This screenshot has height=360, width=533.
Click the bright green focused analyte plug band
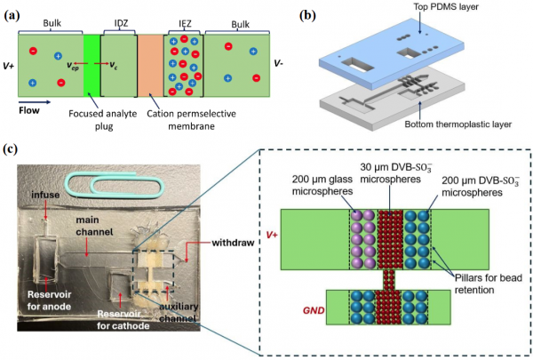point(91,65)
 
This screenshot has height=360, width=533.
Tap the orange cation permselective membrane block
point(150,65)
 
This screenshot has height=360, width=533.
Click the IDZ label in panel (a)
point(120,23)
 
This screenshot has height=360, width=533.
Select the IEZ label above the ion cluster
point(185,23)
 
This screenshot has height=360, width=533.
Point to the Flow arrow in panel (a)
point(35,101)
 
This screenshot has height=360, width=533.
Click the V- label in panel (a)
point(278,63)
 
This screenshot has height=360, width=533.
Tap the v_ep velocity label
point(73,65)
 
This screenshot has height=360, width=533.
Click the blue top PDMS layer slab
point(391,51)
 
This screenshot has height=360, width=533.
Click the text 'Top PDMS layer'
point(446,6)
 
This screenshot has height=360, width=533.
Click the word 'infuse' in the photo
point(45,195)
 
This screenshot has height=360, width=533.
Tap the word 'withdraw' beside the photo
point(233,243)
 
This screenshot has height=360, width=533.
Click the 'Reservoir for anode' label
point(49,300)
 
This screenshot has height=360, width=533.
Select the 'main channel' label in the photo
point(94,226)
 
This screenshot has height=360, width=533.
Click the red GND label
point(314,310)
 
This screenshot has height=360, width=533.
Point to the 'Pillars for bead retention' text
point(489,284)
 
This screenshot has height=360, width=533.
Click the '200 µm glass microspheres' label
point(322,185)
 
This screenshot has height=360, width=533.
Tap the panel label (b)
point(308,16)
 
